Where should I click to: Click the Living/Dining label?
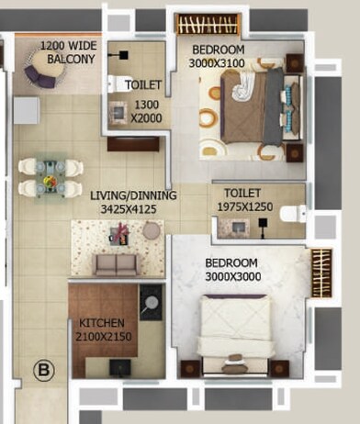(x=133, y=195)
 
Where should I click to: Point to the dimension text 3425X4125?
(x=133, y=209)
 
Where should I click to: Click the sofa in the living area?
(x=117, y=264)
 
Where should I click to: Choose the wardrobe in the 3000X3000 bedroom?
(x=321, y=273)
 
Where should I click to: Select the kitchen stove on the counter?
(x=150, y=298)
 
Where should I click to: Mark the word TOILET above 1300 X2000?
(x=143, y=84)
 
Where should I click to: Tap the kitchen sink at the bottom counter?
(x=118, y=367)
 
